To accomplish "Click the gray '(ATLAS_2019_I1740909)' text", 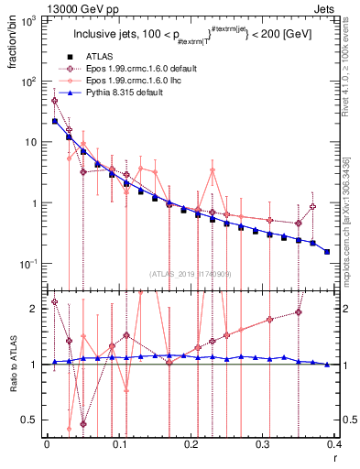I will tap(191, 274).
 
